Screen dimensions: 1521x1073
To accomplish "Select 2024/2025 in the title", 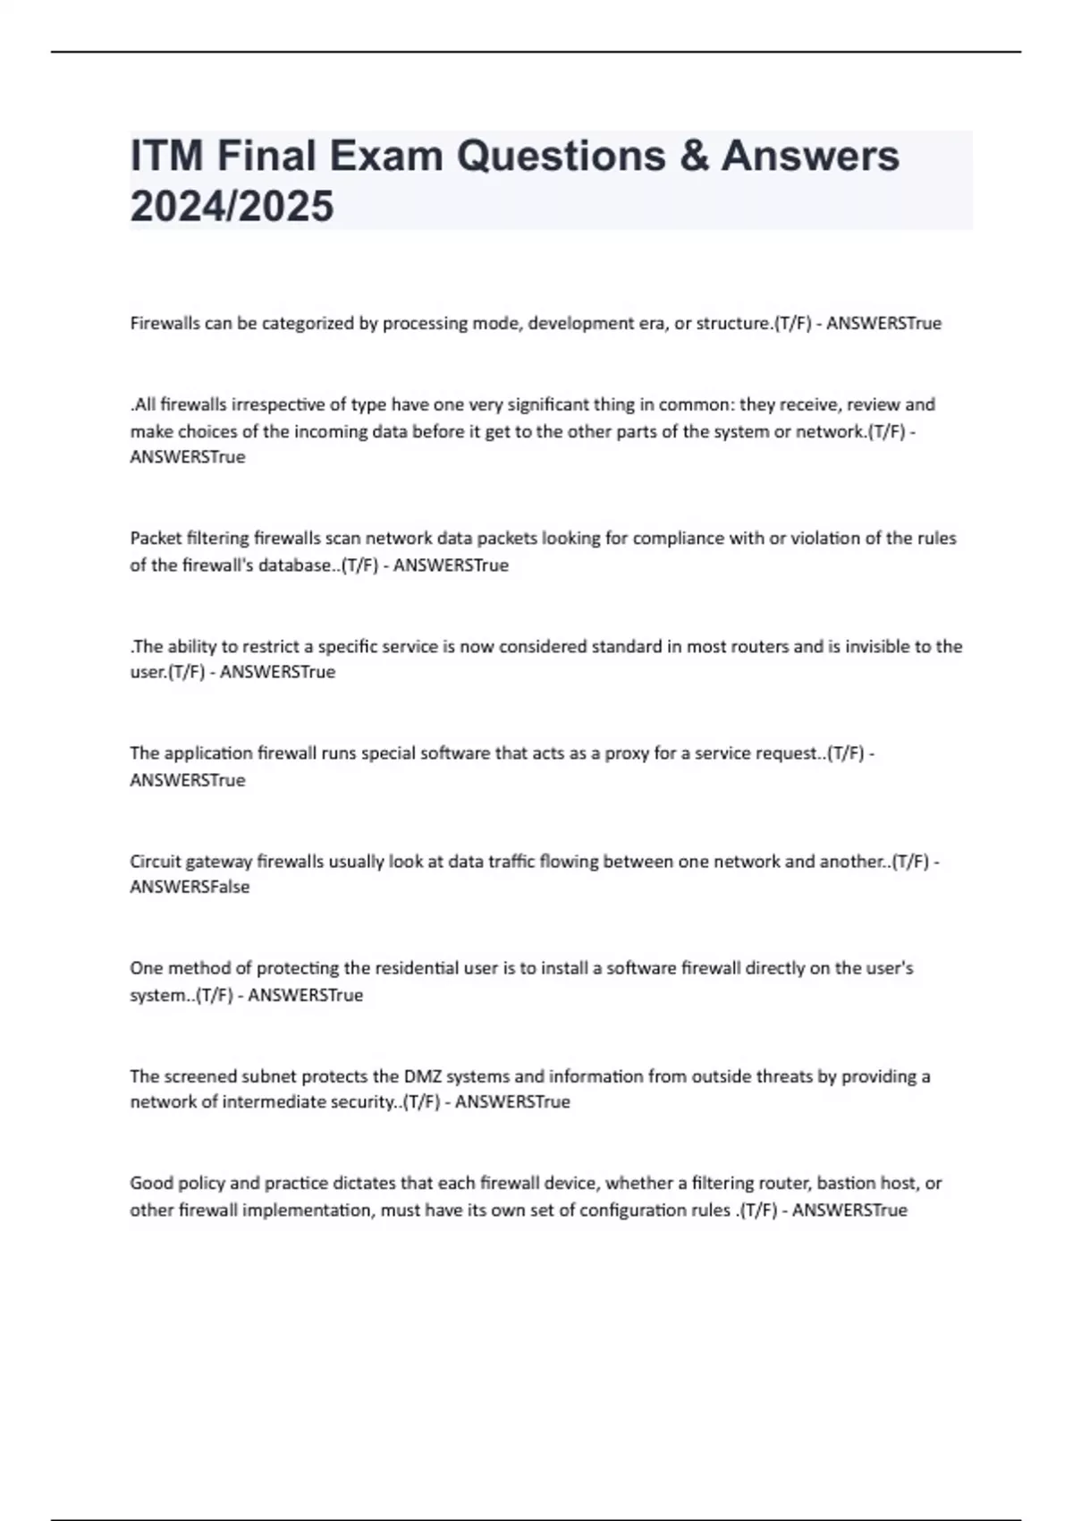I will [x=232, y=207].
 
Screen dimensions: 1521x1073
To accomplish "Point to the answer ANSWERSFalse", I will [x=190, y=888].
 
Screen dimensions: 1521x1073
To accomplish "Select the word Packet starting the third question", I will [x=156, y=539].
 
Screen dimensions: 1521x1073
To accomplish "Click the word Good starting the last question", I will [x=151, y=1184].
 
